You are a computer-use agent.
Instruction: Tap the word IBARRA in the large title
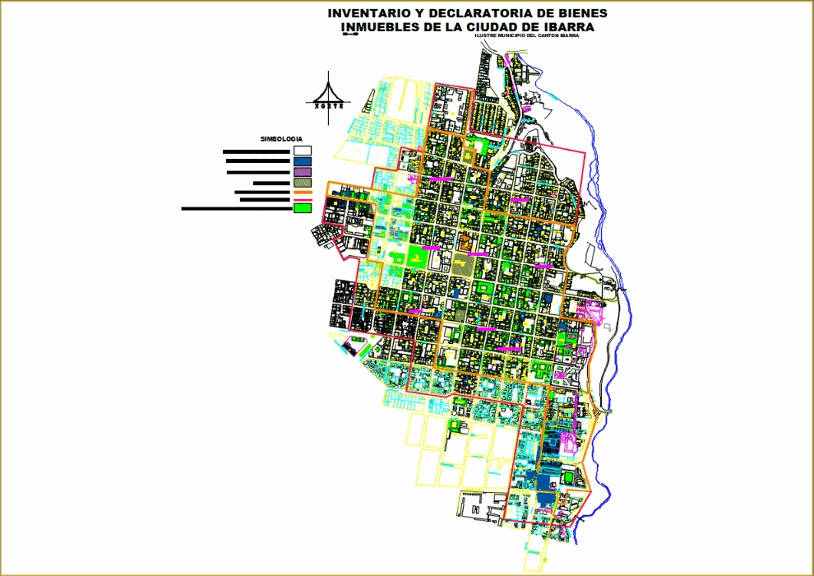[571, 27]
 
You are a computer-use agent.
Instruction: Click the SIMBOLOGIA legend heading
[282, 138]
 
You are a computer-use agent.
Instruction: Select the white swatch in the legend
[303, 151]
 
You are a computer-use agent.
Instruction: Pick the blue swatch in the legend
[303, 161]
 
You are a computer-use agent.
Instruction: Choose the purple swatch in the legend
[303, 172]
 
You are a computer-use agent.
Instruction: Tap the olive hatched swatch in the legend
[303, 183]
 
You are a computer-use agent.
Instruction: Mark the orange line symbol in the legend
[303, 192]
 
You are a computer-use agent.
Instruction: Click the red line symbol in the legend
[303, 199]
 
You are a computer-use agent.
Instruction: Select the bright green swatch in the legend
[303, 208]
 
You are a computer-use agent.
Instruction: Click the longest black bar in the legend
[236, 208]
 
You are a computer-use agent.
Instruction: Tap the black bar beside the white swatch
[256, 151]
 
